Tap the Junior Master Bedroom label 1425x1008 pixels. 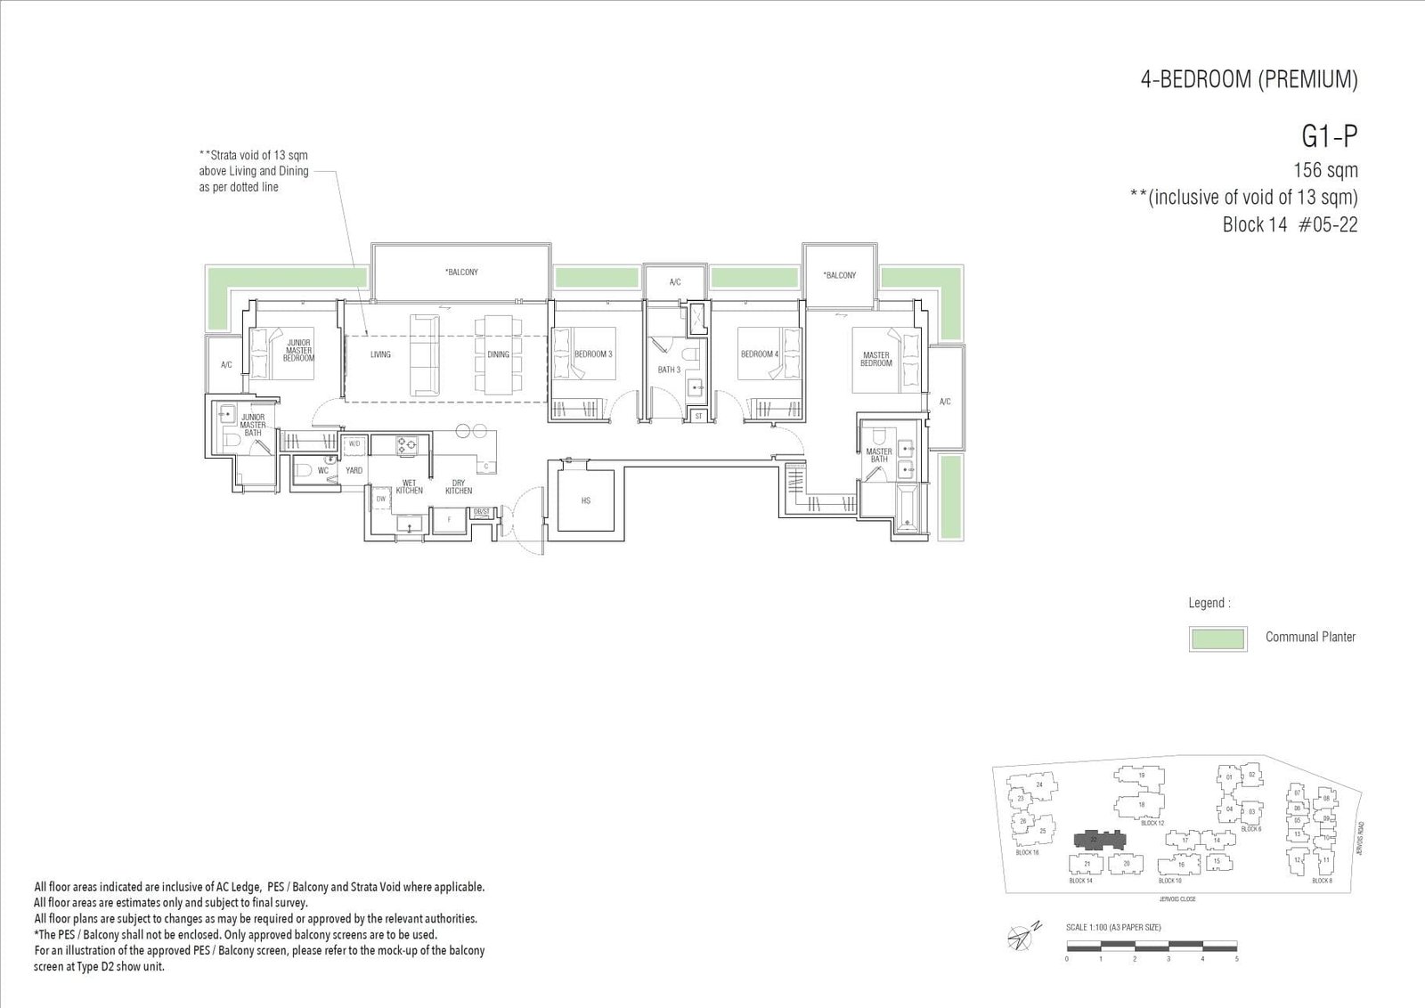[298, 350]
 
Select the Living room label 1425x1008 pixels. [380, 354]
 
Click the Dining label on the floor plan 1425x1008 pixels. [498, 354]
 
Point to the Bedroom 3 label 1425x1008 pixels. [593, 354]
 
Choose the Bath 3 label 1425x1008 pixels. [669, 370]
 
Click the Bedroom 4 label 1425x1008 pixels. [759, 354]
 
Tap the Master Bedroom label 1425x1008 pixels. [876, 359]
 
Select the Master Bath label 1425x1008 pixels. [879, 455]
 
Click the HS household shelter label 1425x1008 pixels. [586, 501]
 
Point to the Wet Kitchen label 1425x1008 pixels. [409, 487]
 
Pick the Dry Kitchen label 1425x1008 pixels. [459, 487]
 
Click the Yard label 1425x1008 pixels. [354, 470]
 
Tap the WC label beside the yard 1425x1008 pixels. [323, 470]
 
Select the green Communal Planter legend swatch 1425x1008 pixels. [1217, 638]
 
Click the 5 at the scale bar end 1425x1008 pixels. [1236, 959]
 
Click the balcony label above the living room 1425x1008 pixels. [461, 272]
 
